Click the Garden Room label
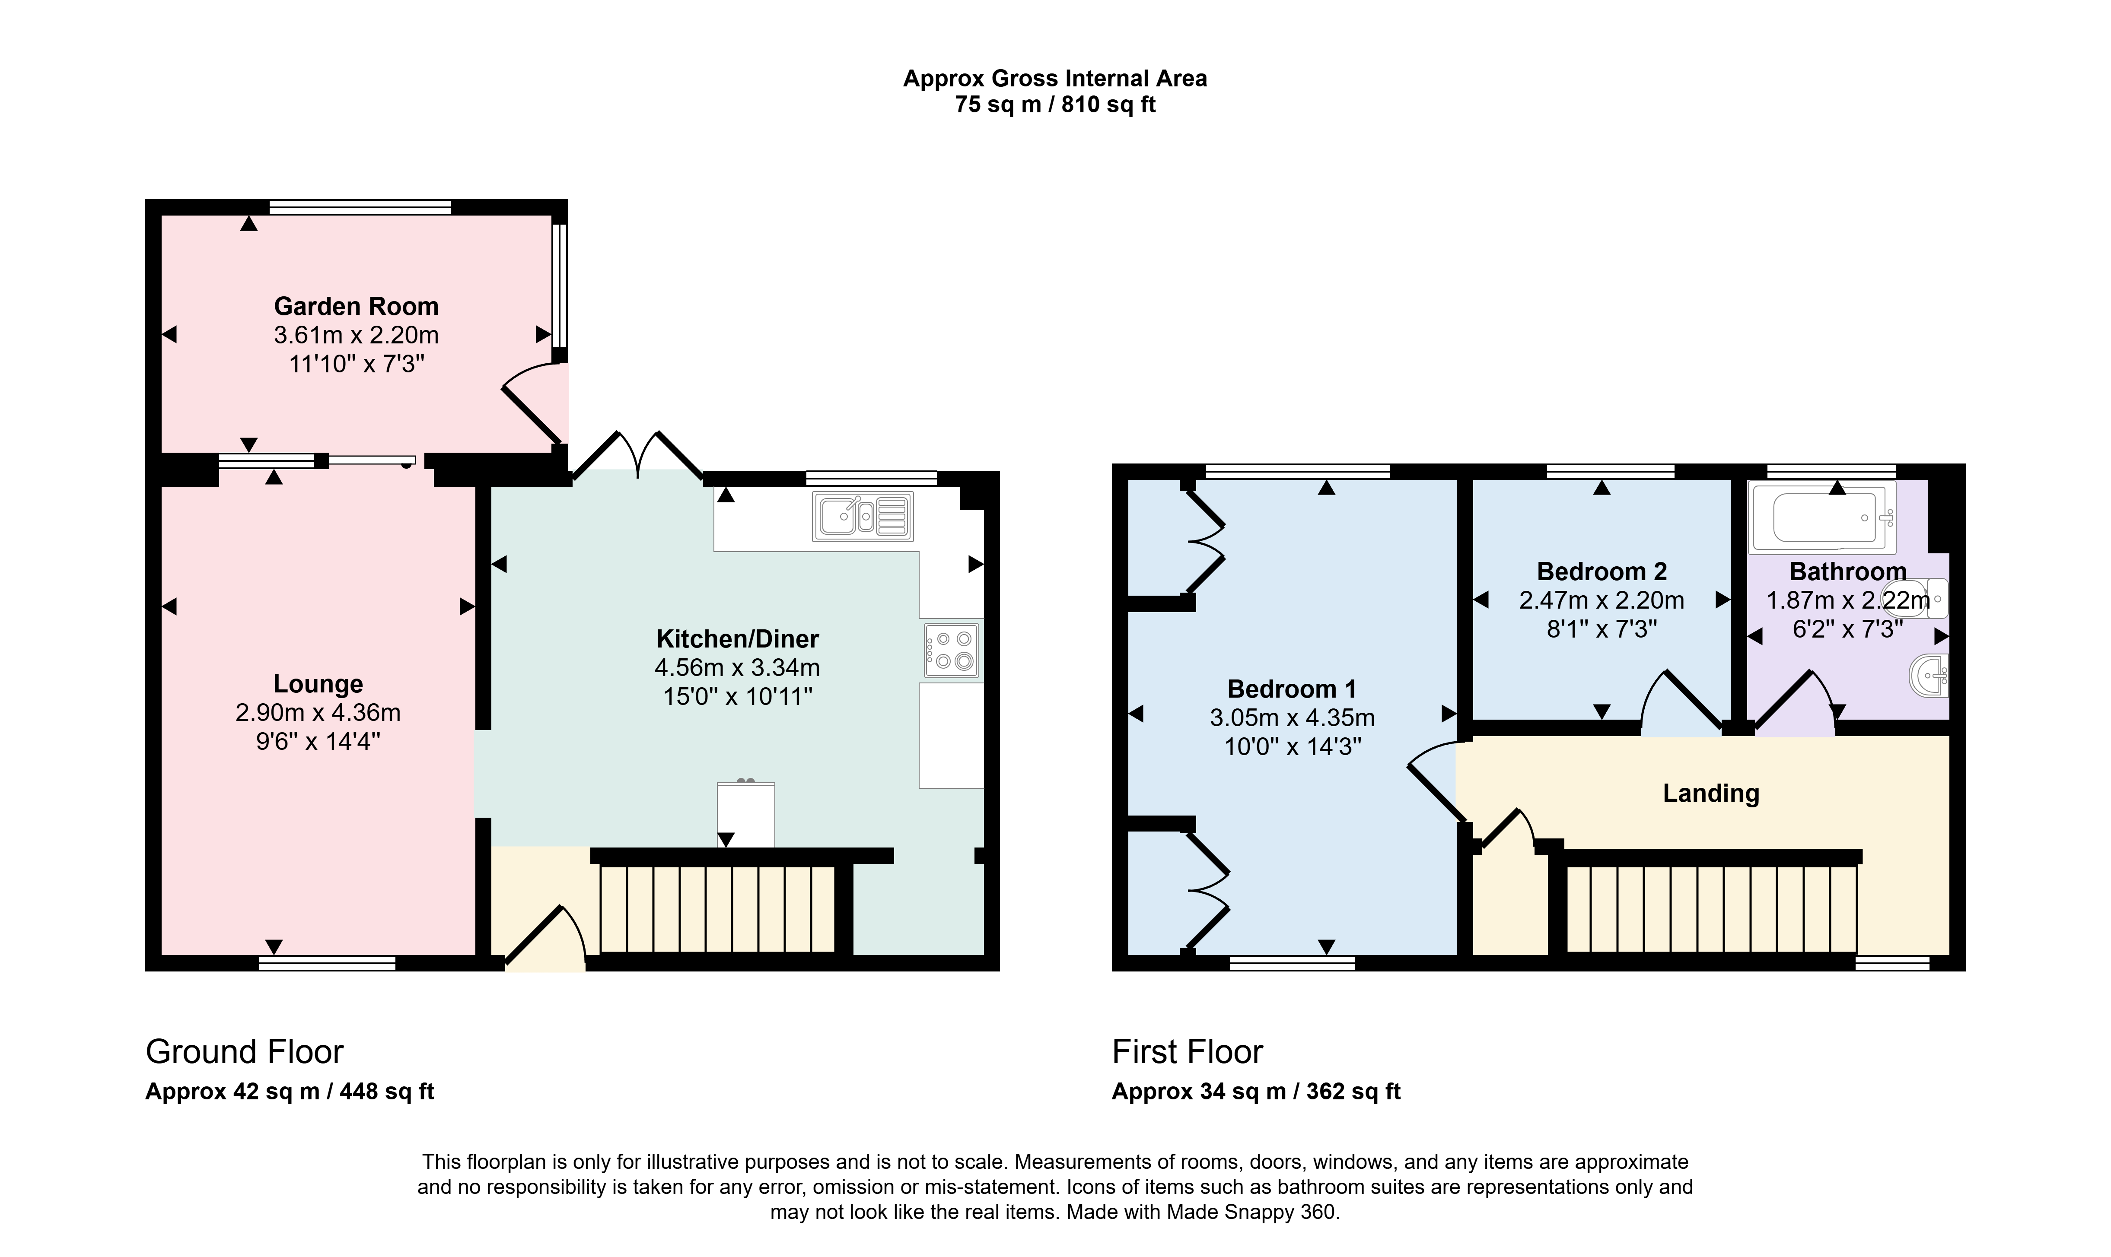coord(356,306)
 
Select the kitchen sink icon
coord(863,516)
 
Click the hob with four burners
coord(952,651)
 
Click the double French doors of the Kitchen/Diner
coord(638,457)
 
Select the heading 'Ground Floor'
coord(245,1052)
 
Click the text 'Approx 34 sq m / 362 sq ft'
coord(1256,1092)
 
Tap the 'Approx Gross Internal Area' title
coord(1055,79)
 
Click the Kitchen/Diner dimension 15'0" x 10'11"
coord(737,697)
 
